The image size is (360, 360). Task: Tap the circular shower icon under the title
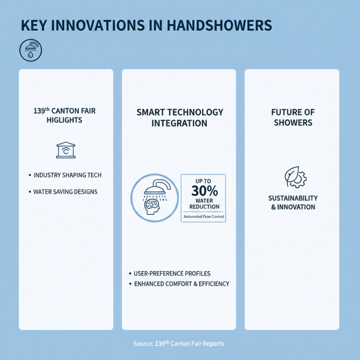[30, 51]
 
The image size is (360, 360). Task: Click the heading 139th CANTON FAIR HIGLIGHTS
[65, 116]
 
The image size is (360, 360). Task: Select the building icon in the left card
[66, 150]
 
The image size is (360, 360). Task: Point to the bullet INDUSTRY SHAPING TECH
[67, 175]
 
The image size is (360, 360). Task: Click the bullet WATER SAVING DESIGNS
[66, 192]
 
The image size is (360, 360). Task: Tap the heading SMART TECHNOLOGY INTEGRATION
[180, 117]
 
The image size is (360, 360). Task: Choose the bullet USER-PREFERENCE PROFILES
[172, 274]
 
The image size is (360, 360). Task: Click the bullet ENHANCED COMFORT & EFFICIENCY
[181, 284]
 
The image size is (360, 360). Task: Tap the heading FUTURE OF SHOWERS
[293, 117]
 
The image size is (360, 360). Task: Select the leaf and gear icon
[295, 177]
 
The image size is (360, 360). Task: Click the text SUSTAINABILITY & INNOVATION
[293, 202]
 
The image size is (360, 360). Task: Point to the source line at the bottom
[179, 344]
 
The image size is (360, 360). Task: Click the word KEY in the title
[35, 25]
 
